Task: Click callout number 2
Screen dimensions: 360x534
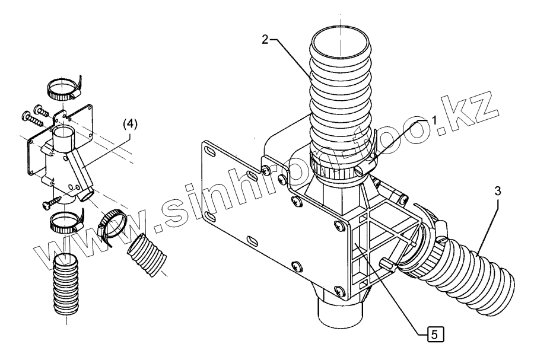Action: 265,40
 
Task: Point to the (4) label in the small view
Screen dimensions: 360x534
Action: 129,125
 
